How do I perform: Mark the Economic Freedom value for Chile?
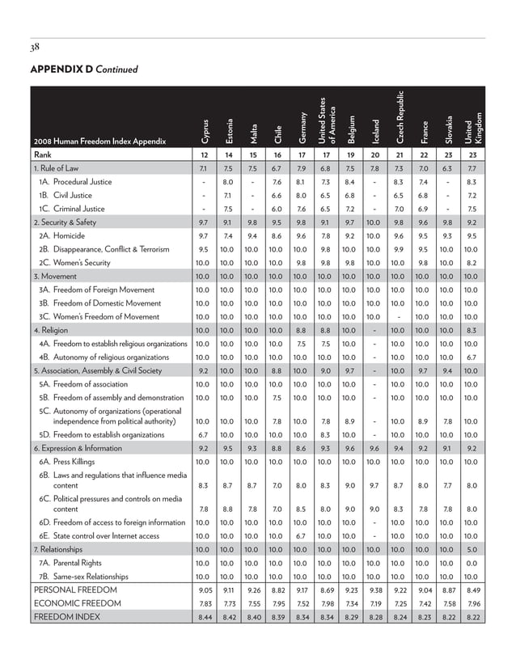pos(277,603)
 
